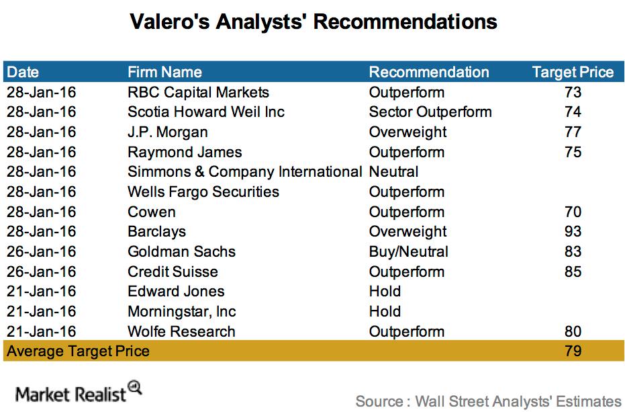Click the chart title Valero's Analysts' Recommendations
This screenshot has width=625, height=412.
314,22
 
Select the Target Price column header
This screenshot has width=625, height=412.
573,73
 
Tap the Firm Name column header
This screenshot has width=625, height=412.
164,73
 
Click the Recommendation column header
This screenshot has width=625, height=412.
429,73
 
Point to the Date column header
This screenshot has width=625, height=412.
23,73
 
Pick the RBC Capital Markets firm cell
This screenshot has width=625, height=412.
198,92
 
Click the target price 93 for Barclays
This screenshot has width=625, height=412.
573,232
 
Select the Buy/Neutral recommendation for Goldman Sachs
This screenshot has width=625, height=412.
409,251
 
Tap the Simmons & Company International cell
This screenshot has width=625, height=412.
245,171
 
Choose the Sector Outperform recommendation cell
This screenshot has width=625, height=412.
430,112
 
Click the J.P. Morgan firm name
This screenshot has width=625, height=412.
167,132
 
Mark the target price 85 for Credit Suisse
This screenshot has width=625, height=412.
573,272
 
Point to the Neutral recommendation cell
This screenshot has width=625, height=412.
393,171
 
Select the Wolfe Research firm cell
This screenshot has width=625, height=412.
181,331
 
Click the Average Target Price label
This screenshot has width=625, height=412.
78,352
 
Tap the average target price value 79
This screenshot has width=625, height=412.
573,352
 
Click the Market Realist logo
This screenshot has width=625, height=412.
79,392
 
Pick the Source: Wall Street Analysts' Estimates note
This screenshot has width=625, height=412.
488,401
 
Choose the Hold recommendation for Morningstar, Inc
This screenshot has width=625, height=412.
385,311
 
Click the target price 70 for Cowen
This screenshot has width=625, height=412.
573,212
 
